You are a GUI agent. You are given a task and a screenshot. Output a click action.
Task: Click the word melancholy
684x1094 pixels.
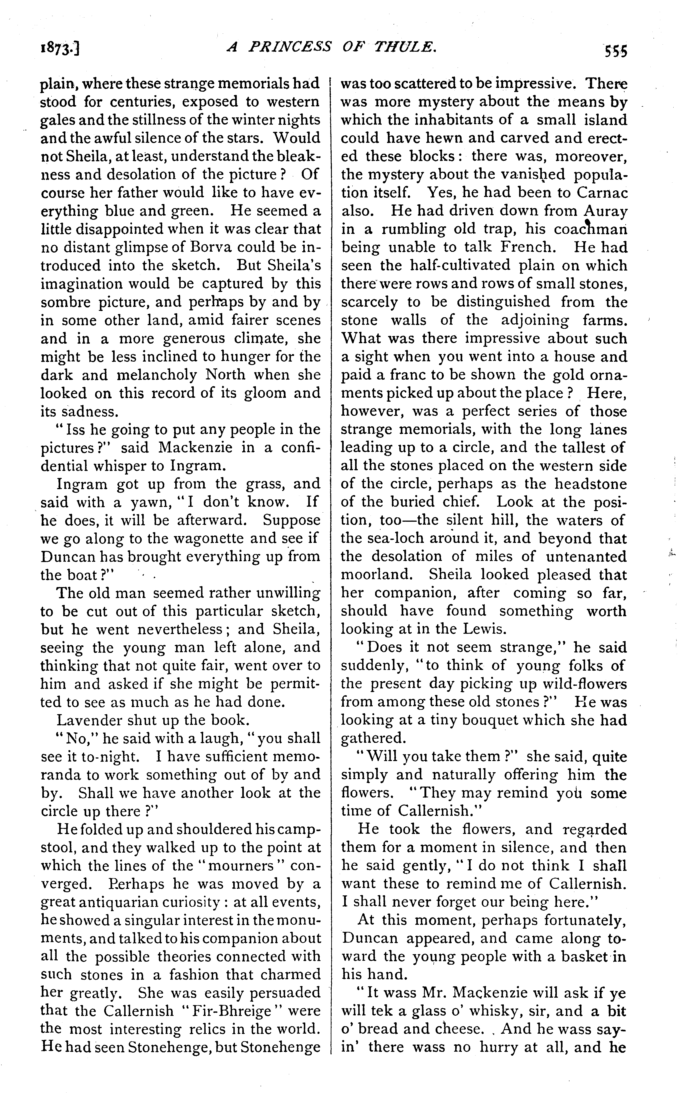[158, 375]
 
